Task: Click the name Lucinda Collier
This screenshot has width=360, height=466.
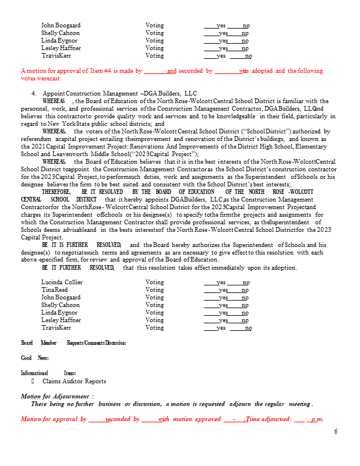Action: (62, 282)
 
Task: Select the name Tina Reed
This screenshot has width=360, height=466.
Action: (54, 290)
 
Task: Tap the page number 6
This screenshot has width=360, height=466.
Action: (336, 431)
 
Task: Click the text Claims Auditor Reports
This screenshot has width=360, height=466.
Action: (74, 381)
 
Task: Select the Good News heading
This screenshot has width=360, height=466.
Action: (34, 358)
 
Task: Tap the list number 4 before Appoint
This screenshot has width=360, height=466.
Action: (34, 93)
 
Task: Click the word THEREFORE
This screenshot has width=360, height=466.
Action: (56, 192)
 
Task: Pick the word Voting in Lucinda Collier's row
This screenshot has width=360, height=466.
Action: (154, 282)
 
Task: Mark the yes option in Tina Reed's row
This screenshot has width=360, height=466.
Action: (223, 290)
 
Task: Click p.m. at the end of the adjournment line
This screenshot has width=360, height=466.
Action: (317, 419)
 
